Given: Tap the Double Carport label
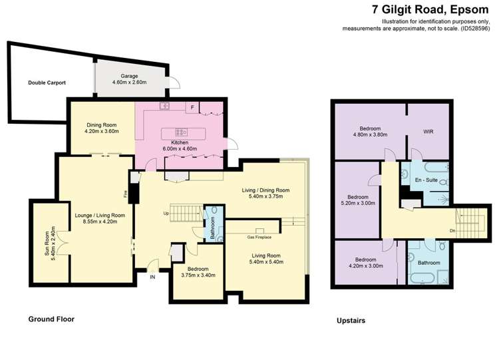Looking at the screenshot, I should [x=47, y=83].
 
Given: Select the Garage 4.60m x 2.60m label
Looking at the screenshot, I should [x=128, y=79].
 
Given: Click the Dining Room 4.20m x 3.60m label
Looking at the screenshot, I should [x=101, y=128].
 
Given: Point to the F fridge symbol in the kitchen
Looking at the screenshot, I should [x=192, y=107].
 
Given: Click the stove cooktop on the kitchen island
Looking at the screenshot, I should [x=180, y=132].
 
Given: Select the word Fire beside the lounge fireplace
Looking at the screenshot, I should [x=125, y=194].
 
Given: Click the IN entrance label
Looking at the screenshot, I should [x=152, y=276].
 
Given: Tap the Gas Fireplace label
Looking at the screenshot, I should [x=260, y=237].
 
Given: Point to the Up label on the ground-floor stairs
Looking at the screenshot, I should [x=166, y=213].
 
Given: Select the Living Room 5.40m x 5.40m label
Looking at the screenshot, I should [x=266, y=258].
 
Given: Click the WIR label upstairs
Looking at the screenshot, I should [x=428, y=132].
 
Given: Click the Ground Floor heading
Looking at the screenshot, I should [x=51, y=319].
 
